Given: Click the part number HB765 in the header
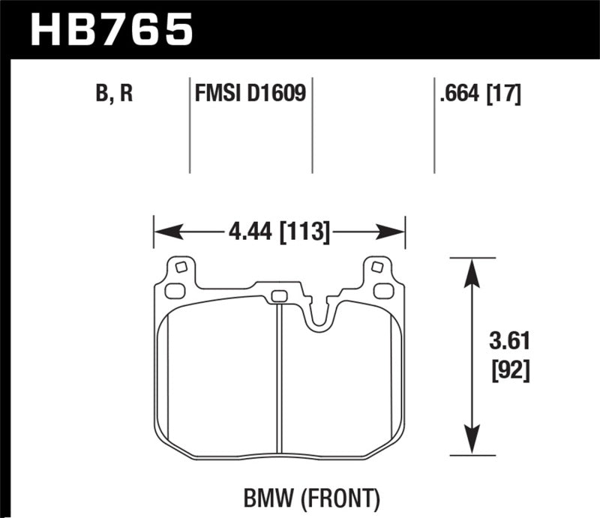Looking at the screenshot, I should point(111,30).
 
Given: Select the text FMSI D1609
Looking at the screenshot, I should point(250,95).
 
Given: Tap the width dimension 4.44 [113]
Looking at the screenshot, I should point(277,232).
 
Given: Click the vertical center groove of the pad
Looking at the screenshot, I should point(278,375).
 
